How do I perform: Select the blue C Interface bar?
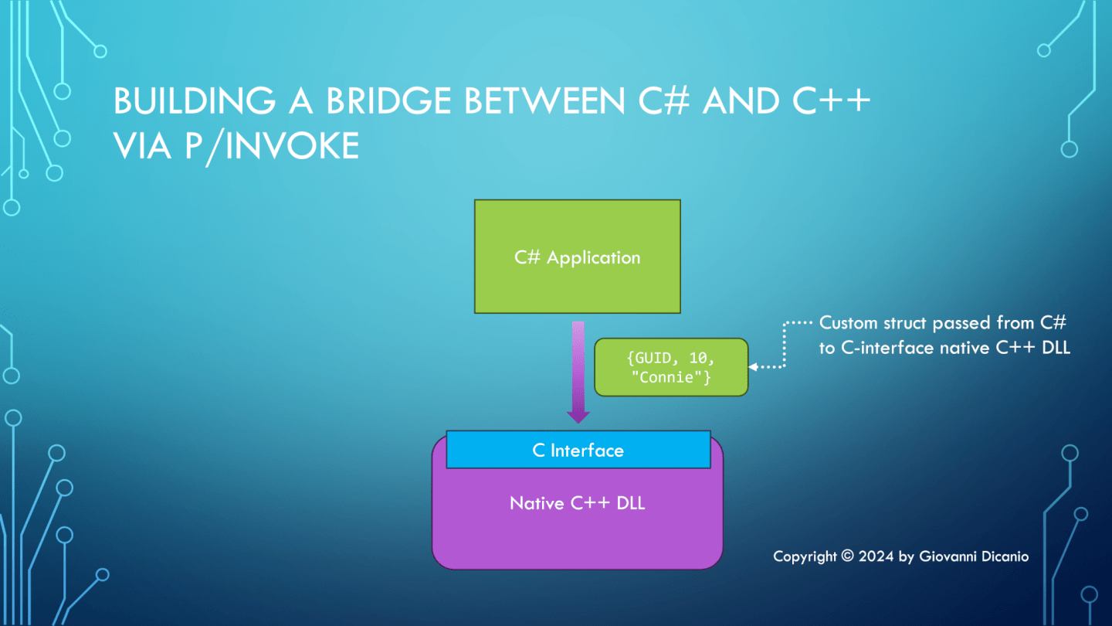coord(578,450)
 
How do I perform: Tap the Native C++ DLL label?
coord(577,503)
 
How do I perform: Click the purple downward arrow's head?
coord(578,415)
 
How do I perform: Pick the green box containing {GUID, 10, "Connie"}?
coord(670,367)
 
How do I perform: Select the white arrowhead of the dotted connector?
coord(753,367)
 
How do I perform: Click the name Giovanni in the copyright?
coord(948,556)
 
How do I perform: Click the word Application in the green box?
coord(593,257)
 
